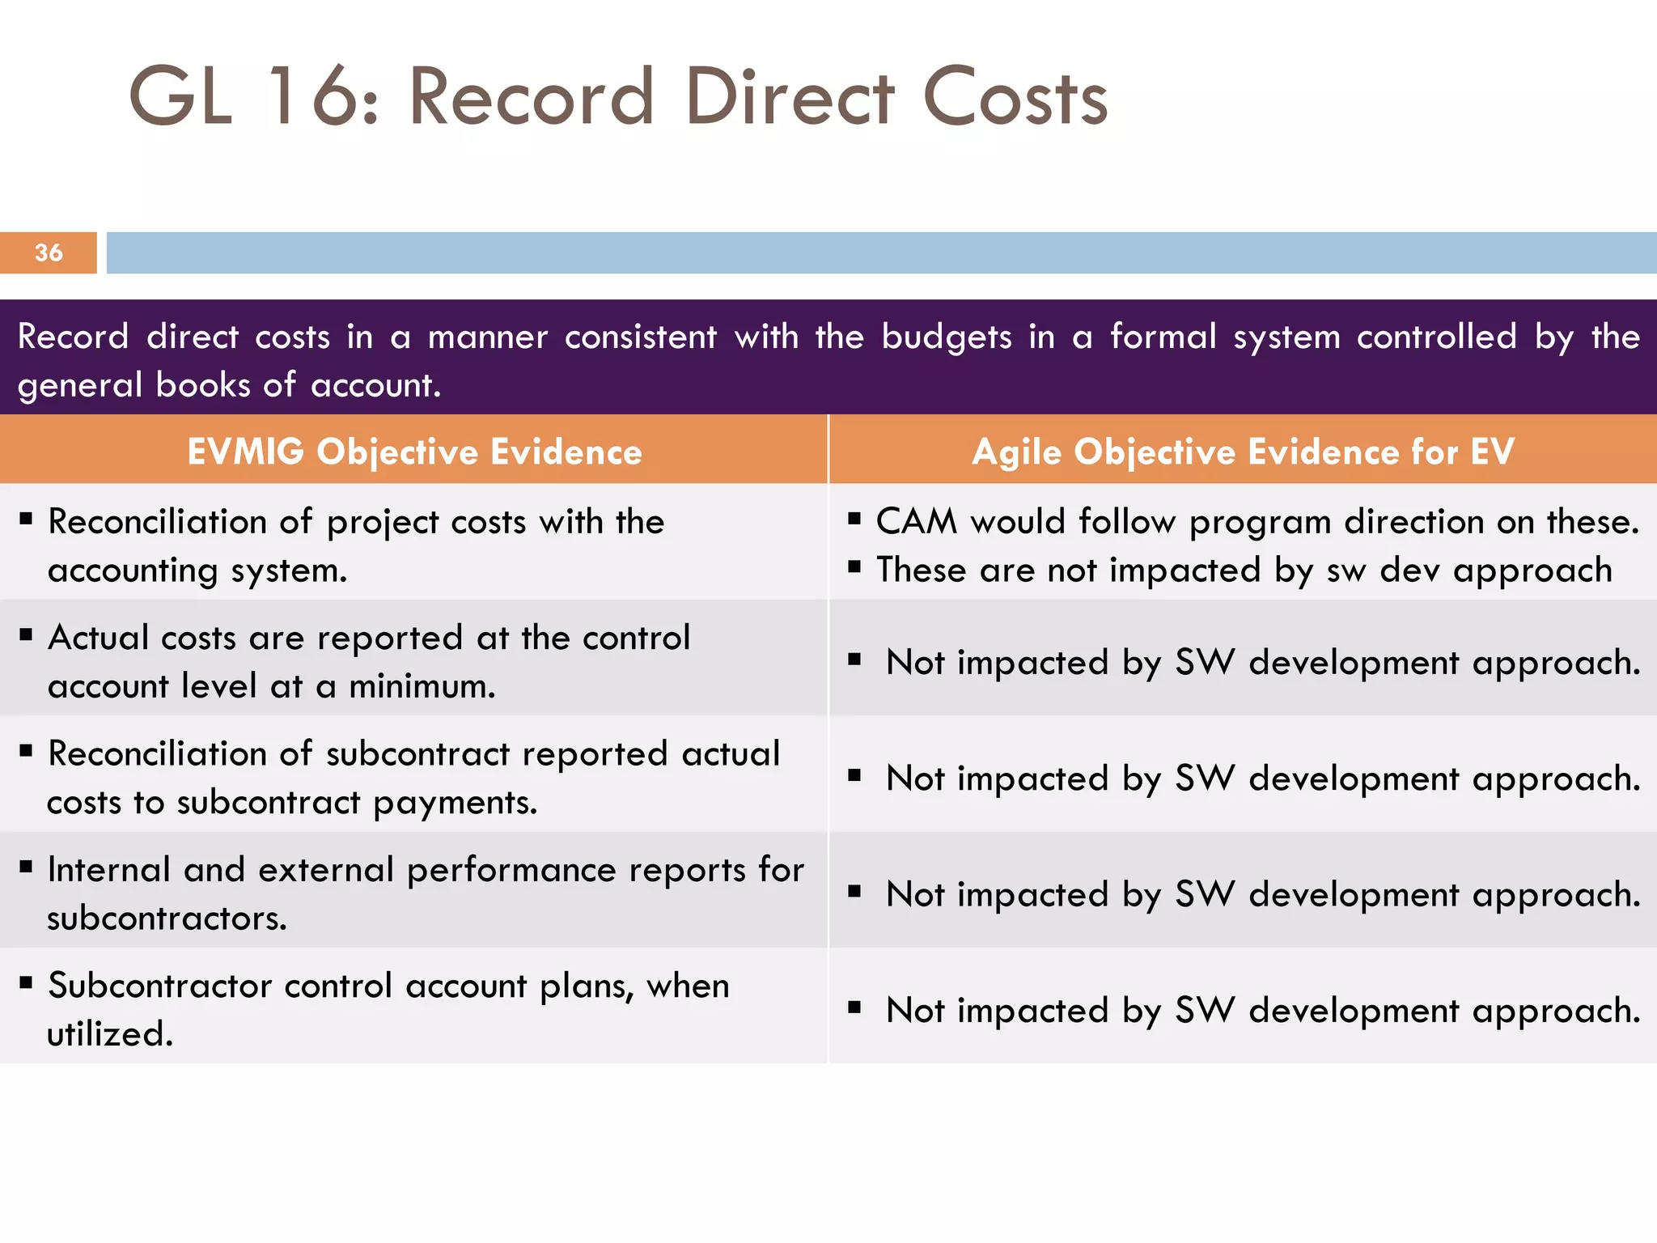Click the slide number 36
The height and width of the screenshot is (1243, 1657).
coord(49,252)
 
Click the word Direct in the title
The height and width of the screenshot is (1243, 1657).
coord(789,97)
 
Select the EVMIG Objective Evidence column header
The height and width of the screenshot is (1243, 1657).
coord(414,452)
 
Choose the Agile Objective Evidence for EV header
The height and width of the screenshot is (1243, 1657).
coord(1243,452)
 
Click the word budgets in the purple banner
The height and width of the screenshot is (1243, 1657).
coord(946,337)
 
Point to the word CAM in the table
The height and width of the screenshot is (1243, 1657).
coord(916,522)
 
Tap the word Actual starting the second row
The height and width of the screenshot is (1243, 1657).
coord(97,638)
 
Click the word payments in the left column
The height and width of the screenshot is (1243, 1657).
coord(455,803)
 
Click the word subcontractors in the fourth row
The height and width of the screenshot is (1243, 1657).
coord(167,918)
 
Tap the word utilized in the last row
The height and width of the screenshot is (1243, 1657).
coord(109,1034)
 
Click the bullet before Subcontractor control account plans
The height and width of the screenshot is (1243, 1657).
coord(27,984)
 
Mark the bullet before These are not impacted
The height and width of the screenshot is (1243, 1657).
coord(854,567)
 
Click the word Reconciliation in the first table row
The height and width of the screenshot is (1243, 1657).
coord(157,522)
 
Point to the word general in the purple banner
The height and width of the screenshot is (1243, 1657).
coord(79,385)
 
